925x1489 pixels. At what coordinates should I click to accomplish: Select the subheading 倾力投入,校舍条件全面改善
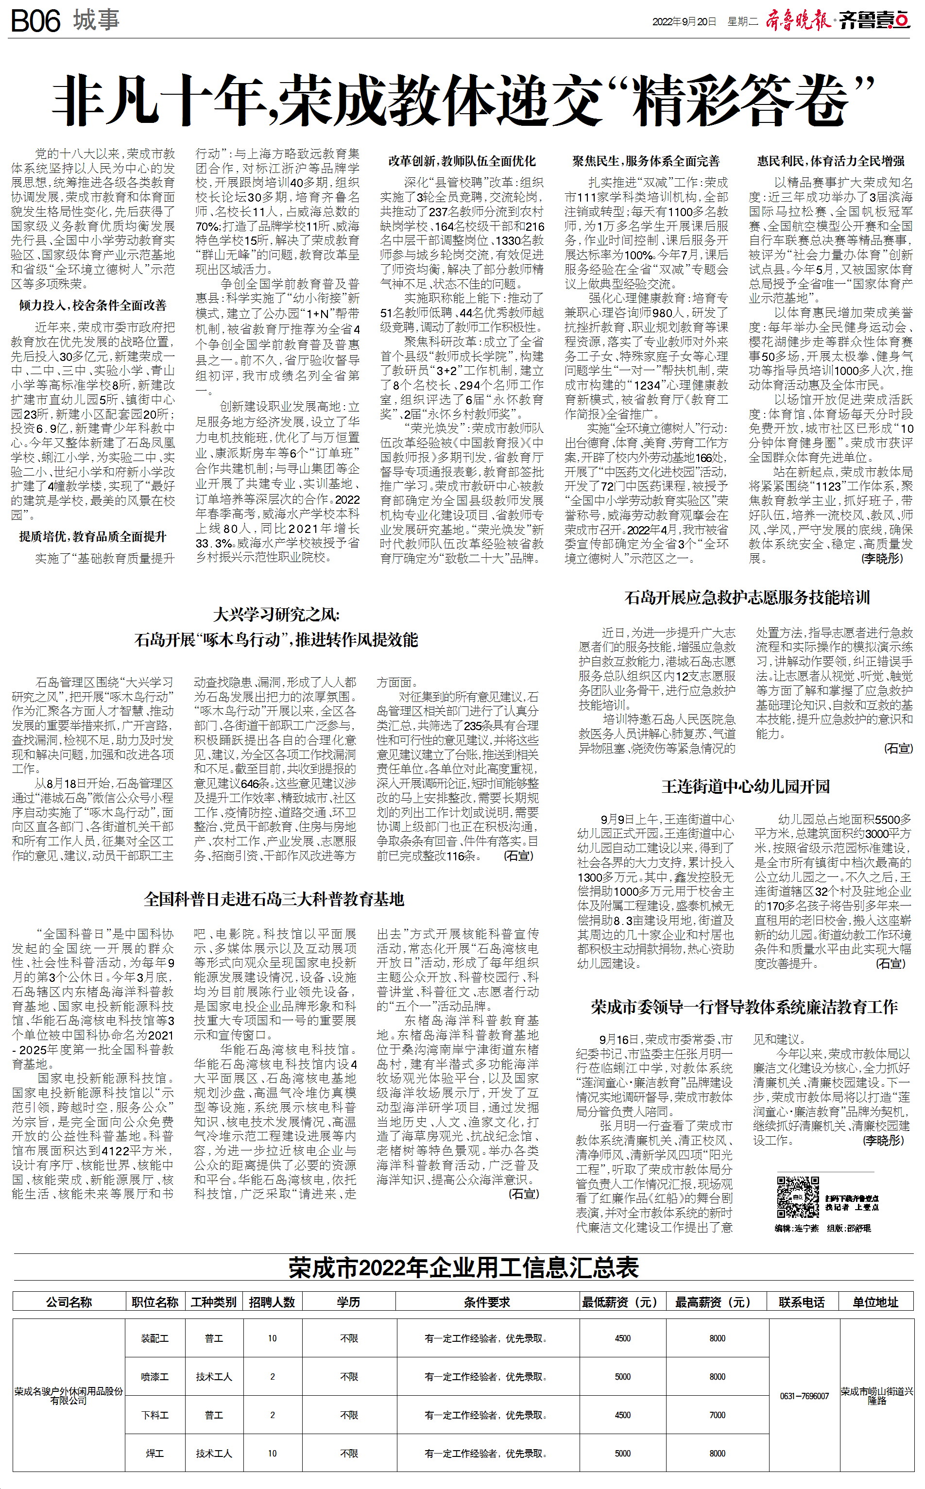92,305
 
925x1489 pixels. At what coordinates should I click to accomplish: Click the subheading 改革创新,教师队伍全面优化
462,161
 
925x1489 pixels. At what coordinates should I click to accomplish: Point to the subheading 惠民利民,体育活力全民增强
830,161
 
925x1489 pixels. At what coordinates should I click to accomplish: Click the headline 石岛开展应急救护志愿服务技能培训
746,598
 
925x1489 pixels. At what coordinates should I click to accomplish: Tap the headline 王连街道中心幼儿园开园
745,786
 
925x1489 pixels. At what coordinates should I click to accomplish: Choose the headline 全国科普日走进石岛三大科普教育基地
274,899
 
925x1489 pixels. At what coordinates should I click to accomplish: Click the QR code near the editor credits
797,1197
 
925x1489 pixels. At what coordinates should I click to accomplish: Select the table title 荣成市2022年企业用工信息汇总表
463,1267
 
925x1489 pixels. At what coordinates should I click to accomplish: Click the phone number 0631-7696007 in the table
804,1395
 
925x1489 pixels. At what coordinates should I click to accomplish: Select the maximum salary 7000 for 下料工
717,1415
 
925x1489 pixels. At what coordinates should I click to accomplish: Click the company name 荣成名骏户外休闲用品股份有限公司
69,1395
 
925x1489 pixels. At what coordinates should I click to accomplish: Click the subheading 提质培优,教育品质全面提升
92,536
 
